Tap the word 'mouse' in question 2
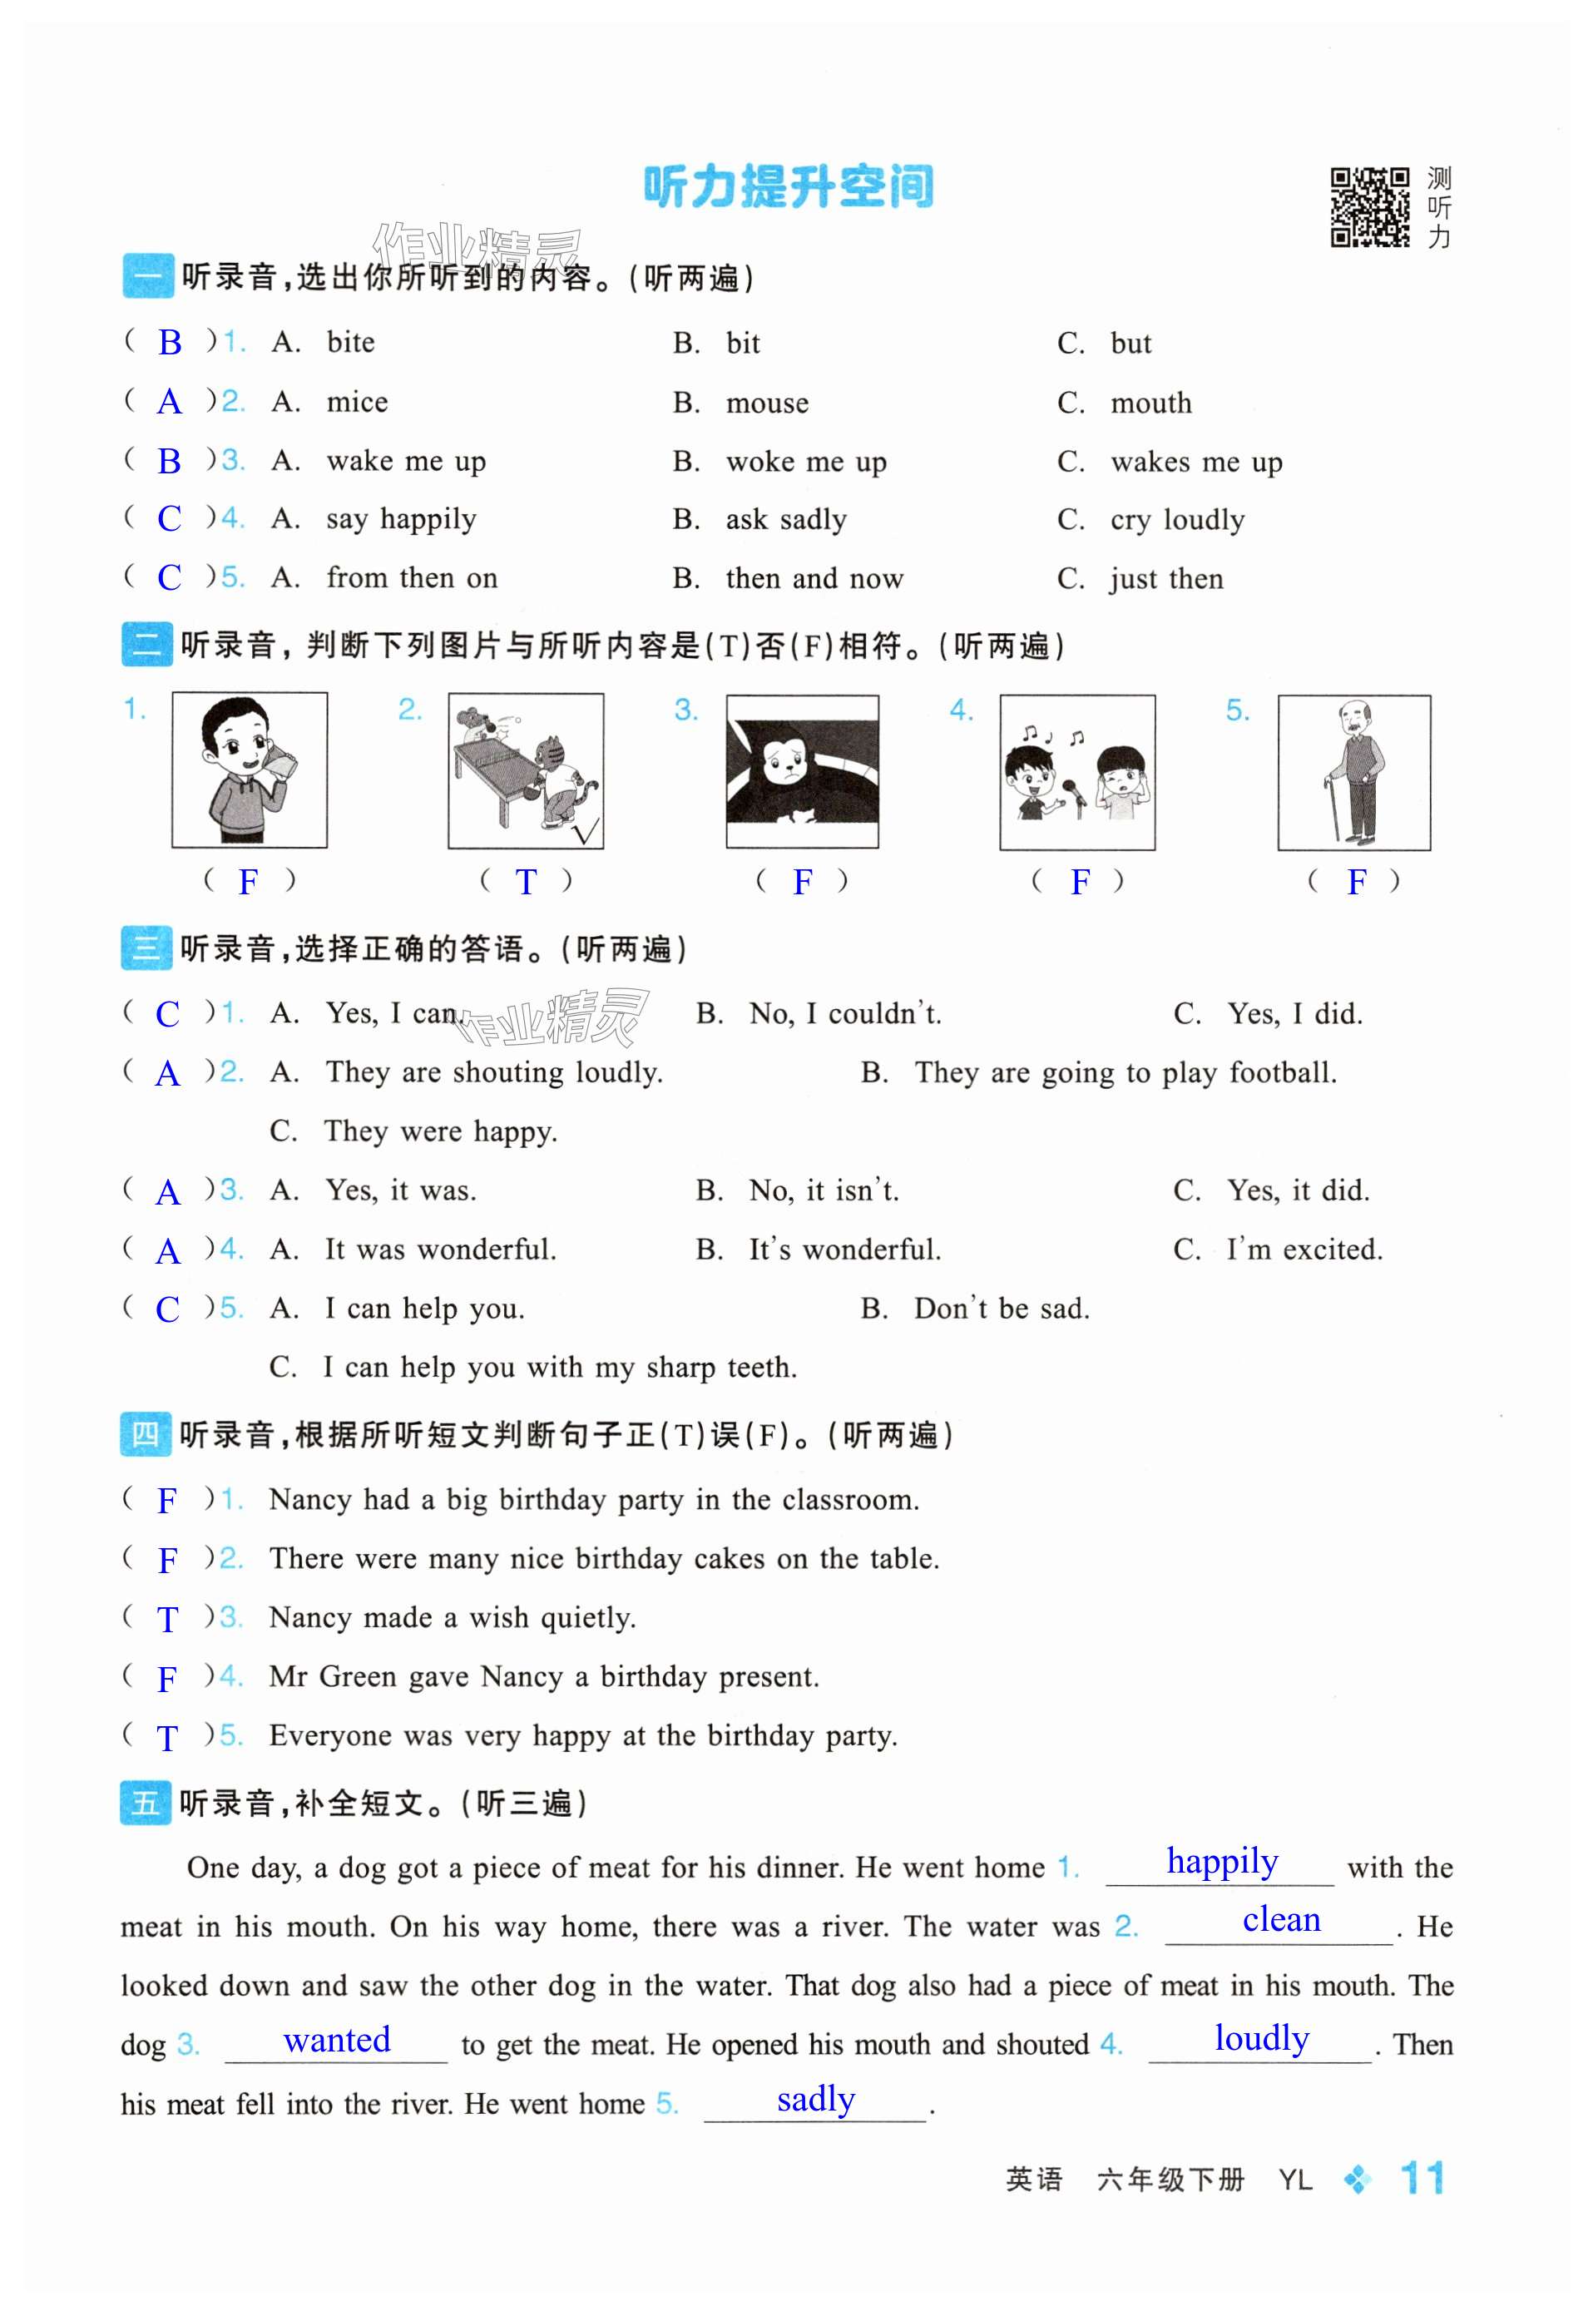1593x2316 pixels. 767,403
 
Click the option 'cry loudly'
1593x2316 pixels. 1177,520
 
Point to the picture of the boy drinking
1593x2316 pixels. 250,770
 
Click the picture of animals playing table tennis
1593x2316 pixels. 525,770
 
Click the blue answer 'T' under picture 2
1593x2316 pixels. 525,882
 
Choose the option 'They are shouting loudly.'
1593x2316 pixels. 493,1072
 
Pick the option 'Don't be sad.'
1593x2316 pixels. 1001,1309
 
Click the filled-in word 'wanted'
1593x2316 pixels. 336,2040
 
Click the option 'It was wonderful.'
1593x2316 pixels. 440,1250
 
